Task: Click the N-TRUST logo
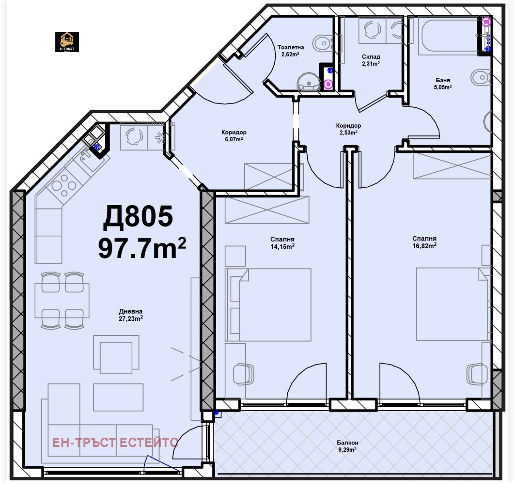tap(67, 42)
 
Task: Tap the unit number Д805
tap(138, 217)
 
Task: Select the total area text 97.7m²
tap(142, 248)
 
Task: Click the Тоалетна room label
tap(290, 47)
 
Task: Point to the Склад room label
tap(371, 57)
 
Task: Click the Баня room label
tap(443, 80)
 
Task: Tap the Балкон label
tap(347, 442)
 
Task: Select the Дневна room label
tap(131, 311)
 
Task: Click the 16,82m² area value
tap(424, 245)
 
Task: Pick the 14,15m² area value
tap(282, 246)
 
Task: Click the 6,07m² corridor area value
tap(234, 139)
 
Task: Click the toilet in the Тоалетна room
tap(323, 43)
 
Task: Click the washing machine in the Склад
tap(372, 30)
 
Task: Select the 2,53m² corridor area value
tap(349, 132)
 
